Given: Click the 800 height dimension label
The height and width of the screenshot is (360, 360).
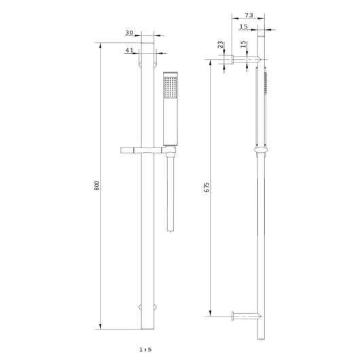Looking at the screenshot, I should [98, 186].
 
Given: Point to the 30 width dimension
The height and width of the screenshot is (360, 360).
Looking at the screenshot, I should [130, 33].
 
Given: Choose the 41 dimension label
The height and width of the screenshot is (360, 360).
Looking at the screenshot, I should [130, 50].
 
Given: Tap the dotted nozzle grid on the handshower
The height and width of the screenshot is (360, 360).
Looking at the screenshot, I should [169, 88].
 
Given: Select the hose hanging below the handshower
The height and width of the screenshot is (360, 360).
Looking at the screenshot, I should [169, 197].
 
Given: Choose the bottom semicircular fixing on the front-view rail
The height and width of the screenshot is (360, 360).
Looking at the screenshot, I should [149, 308].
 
